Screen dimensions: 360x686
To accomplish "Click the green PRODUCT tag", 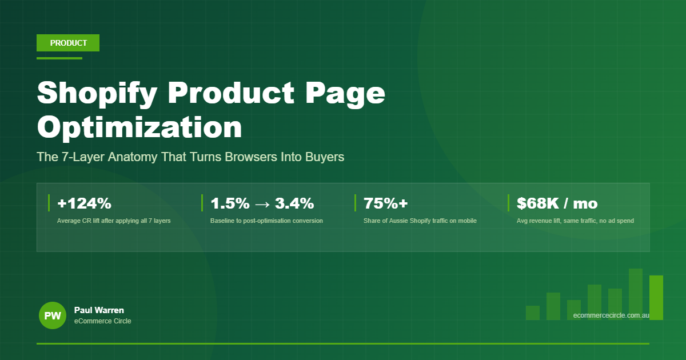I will click(x=68, y=43).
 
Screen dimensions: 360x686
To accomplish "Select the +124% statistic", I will click(x=84, y=203).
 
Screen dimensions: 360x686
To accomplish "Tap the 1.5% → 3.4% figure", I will click(x=262, y=203).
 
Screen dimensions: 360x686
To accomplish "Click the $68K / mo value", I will click(x=557, y=203).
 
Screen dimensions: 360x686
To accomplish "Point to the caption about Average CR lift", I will click(x=114, y=221).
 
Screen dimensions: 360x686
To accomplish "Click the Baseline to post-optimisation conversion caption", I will click(x=266, y=221).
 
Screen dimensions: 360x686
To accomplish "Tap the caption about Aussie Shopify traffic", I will click(x=420, y=221).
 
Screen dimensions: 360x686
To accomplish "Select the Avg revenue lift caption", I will click(x=575, y=221).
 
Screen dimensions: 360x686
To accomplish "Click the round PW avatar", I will click(x=53, y=315).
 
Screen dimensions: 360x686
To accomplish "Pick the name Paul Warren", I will click(x=99, y=310).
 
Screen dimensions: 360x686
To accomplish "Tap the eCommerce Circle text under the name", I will click(x=102, y=321).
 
